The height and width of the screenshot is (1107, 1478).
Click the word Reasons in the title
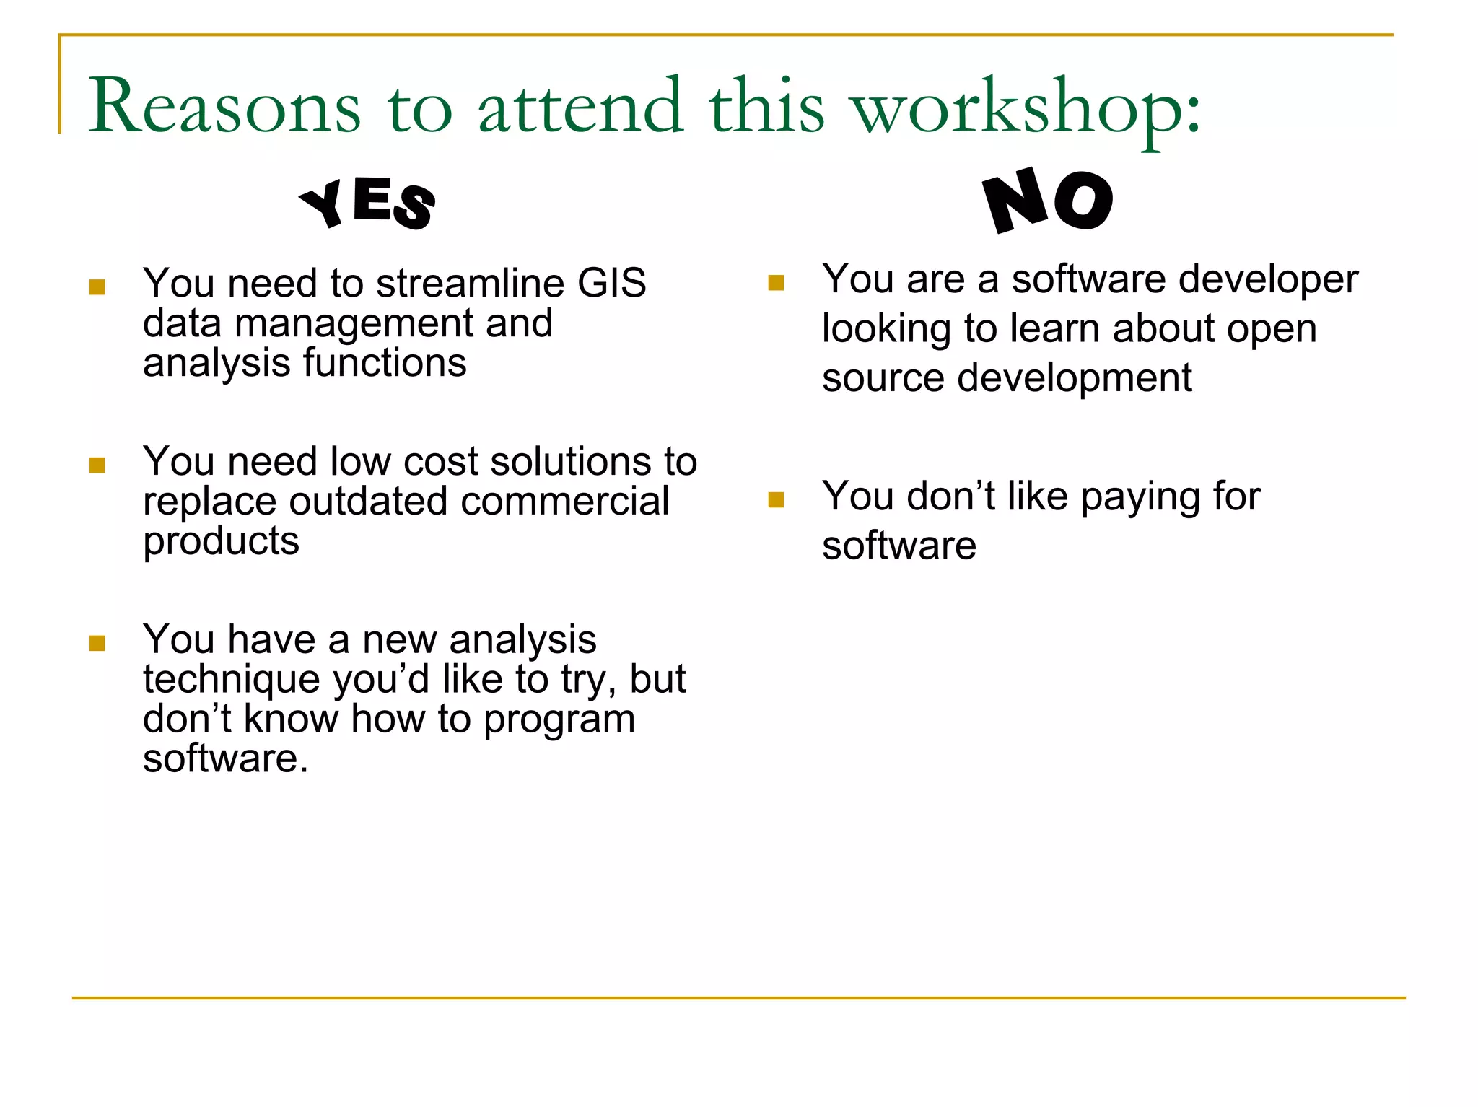coord(224,106)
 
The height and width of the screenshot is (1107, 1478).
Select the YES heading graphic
coord(367,204)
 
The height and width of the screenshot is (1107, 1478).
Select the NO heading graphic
coord(1048,200)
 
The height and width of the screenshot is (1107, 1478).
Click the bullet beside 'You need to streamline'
coord(97,287)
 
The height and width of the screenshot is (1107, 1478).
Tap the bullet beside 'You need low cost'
coord(97,465)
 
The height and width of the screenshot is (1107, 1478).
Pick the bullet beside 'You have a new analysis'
coord(97,643)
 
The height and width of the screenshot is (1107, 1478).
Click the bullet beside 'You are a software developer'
coord(777,282)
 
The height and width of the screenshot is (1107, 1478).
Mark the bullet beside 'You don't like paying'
coord(777,500)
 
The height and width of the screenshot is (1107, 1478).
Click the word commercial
coord(565,501)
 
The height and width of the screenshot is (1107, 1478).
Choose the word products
coord(221,542)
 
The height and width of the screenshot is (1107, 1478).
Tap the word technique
coord(231,681)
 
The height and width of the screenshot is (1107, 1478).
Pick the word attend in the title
coord(580,106)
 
